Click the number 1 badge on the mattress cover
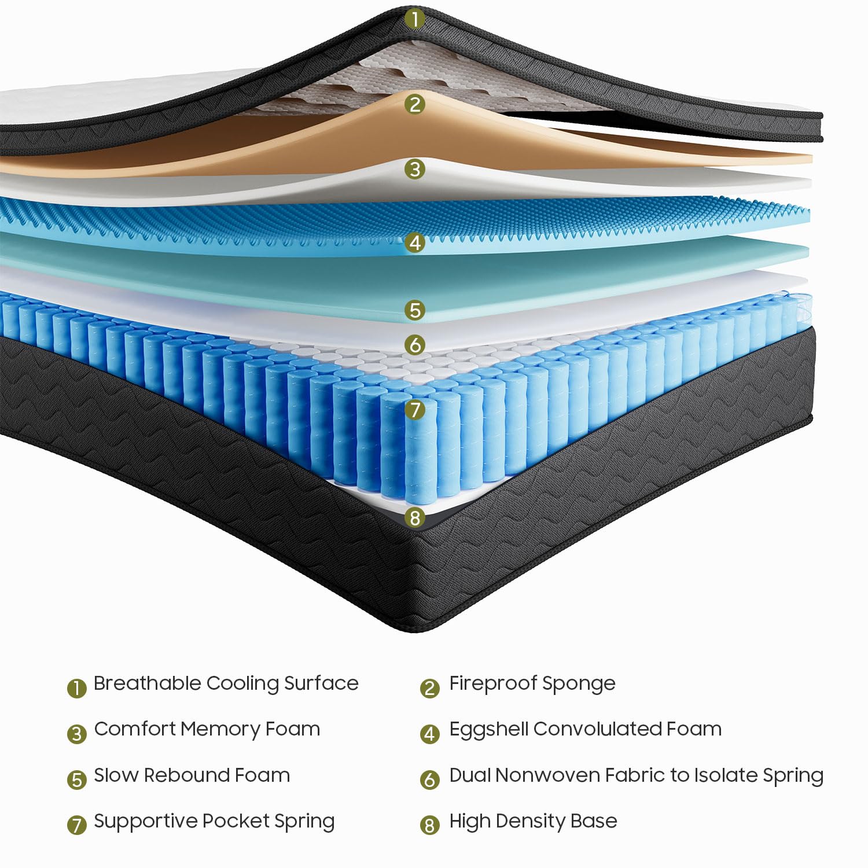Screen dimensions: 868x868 click(x=414, y=19)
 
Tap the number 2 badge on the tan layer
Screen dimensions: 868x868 click(x=414, y=104)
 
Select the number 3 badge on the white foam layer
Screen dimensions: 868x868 click(x=414, y=169)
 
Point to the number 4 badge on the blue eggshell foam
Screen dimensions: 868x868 click(x=414, y=242)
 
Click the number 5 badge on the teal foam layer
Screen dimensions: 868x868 click(x=414, y=310)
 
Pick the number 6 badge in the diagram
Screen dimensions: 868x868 click(x=414, y=345)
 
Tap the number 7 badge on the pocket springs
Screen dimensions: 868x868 click(x=414, y=410)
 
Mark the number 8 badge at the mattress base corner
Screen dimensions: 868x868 click(x=414, y=517)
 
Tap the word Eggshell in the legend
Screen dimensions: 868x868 click(x=489, y=730)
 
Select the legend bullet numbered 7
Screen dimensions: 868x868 click(x=76, y=825)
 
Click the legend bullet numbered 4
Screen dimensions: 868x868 click(x=429, y=734)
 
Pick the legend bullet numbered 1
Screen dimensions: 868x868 click(x=76, y=688)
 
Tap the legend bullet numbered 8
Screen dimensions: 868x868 click(x=429, y=825)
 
